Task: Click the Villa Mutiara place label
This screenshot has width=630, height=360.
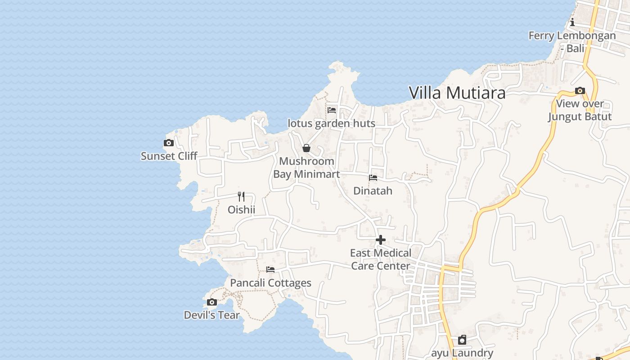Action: pos(457,93)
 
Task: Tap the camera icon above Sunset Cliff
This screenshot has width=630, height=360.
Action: pos(169,143)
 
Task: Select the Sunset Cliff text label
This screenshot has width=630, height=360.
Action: pos(169,156)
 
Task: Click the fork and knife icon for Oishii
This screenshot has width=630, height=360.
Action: pos(241,197)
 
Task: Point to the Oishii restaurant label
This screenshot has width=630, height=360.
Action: pos(241,210)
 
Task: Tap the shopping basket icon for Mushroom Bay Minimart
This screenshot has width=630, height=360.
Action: pos(306,148)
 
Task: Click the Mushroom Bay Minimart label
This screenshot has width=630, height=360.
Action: pos(306,167)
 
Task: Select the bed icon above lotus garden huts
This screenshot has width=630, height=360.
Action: pos(332,110)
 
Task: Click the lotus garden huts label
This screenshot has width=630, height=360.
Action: pos(331,123)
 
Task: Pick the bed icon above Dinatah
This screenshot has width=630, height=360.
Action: pos(373,178)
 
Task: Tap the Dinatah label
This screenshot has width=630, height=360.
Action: pos(373,191)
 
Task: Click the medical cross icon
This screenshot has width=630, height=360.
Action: pos(381,240)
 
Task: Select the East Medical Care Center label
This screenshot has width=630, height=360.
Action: pos(381,259)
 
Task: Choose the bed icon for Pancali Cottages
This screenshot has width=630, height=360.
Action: pos(270,270)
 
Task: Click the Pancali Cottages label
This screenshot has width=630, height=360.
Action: pos(270,283)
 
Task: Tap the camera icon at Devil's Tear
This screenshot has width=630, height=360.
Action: pos(212,302)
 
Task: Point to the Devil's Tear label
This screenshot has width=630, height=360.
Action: pos(211,315)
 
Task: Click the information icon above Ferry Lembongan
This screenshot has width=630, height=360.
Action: pos(572,22)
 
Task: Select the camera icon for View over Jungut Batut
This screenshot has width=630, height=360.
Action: pos(580,91)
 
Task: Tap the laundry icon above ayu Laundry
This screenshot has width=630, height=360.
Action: pos(462,340)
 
